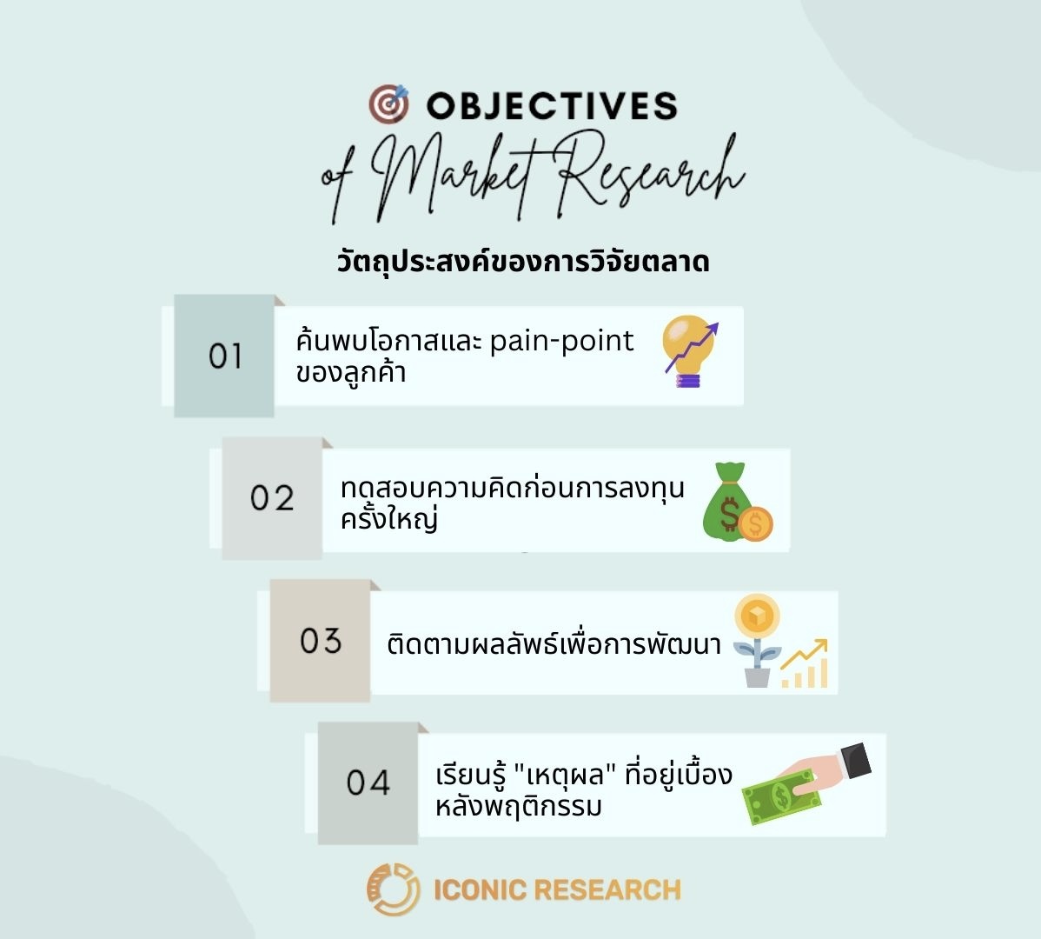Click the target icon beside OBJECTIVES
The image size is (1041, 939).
pos(388,104)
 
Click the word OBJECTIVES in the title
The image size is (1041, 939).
pos(552,106)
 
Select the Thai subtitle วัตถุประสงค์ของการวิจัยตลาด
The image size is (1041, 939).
pos(522,261)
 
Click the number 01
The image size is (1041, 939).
pos(225,356)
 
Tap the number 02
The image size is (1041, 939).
pos(272,498)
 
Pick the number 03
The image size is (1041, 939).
pos(321,641)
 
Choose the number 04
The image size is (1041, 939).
pos(368,782)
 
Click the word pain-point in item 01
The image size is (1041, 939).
pos(561,341)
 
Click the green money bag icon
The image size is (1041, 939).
pos(726,503)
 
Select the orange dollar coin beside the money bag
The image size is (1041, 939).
pos(755,523)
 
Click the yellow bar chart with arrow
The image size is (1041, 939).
pos(805,665)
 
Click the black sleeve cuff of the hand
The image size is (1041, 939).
pos(852,762)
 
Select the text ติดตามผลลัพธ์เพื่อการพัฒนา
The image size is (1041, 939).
pos(554,645)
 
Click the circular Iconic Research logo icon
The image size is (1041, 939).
pos(393,889)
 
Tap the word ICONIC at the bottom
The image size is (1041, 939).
pos(479,889)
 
